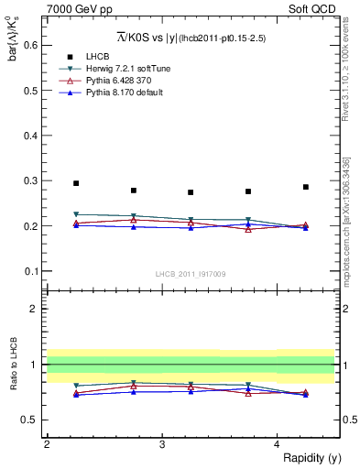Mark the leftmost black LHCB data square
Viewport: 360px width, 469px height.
pyautogui.click(x=76, y=183)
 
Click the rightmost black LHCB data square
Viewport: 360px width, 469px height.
pyautogui.click(x=306, y=187)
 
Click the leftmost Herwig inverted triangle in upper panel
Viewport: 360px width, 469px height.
pyautogui.click(x=76, y=214)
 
